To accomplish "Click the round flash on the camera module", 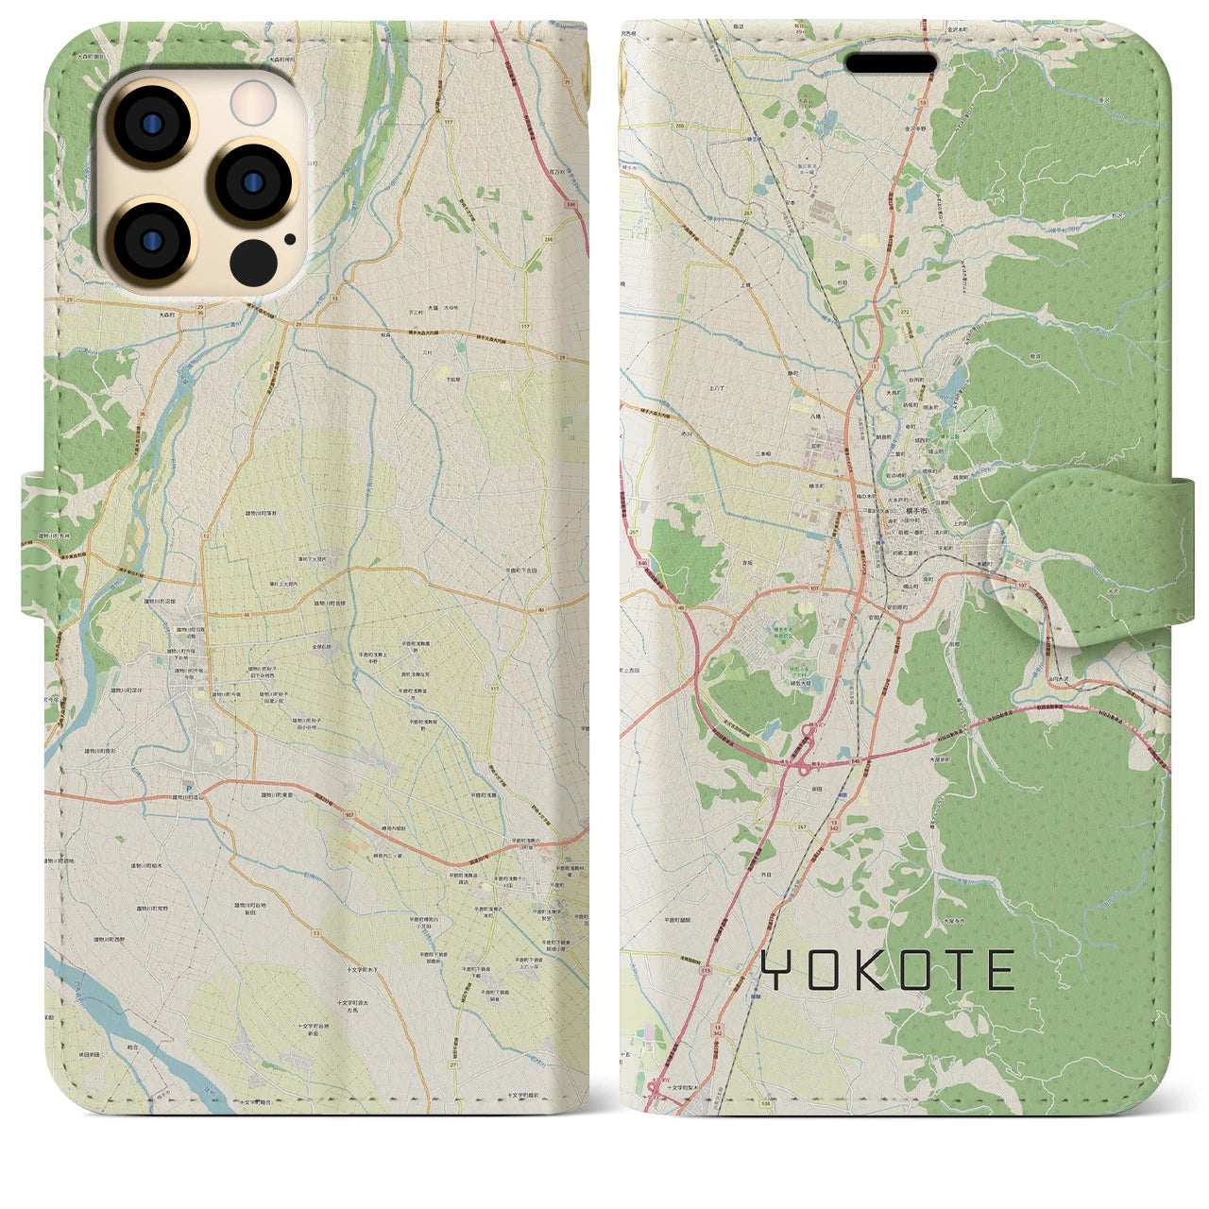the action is click(252, 100).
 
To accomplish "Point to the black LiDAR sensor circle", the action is click(252, 258).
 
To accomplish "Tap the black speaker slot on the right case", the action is click(890, 63).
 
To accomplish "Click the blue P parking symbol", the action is click(187, 790).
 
